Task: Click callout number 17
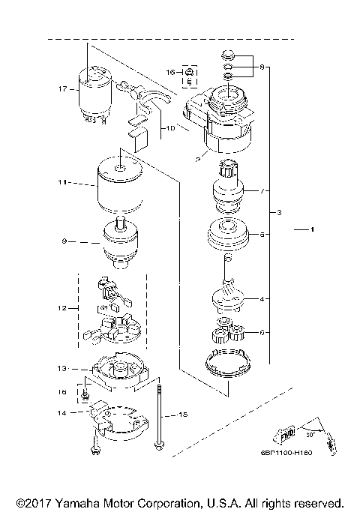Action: tap(64, 88)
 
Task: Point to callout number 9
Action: tap(65, 241)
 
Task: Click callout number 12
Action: tap(63, 307)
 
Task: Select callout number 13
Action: tap(63, 369)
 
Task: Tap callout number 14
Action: tap(63, 412)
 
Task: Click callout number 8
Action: tap(261, 67)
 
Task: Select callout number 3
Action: tap(279, 214)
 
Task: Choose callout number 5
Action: tap(262, 235)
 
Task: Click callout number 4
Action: tap(262, 300)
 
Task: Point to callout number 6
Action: tap(262, 331)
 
